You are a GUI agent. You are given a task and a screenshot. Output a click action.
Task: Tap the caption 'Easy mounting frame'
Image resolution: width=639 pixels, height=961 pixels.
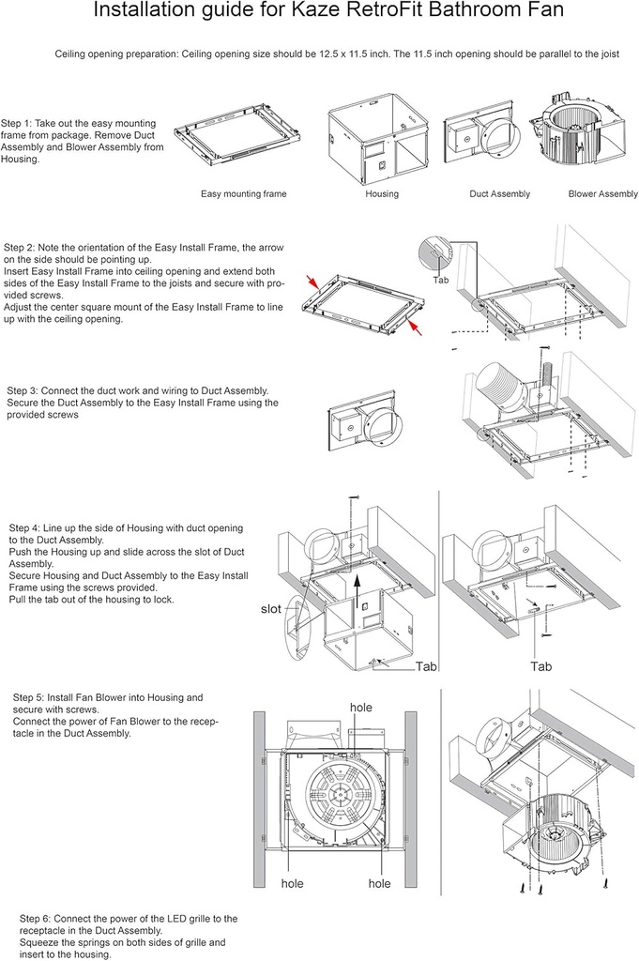click(x=244, y=194)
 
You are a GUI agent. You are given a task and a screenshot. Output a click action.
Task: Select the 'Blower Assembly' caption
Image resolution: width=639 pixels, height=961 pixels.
click(x=603, y=194)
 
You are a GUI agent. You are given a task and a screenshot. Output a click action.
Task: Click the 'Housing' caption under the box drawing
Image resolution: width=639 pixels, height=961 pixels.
click(x=382, y=194)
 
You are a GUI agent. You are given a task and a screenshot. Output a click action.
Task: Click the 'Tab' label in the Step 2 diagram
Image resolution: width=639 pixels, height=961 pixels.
click(x=441, y=280)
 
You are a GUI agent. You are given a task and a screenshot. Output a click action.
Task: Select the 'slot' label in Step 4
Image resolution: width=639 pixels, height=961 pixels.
click(x=270, y=609)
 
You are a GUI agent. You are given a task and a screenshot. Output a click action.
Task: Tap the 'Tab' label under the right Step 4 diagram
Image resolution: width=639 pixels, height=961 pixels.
click(x=540, y=666)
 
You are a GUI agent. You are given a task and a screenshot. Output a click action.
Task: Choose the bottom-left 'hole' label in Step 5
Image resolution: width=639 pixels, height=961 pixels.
click(x=293, y=883)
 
